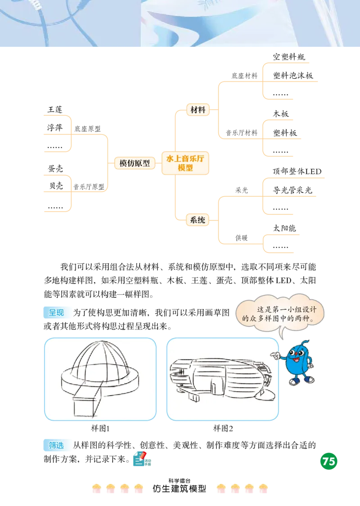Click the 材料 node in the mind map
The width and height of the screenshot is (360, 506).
[x=198, y=110]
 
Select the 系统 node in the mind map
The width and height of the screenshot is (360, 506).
[x=198, y=220]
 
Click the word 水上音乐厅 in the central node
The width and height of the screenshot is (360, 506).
[x=185, y=158]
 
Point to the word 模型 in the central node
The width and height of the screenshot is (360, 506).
[x=185, y=168]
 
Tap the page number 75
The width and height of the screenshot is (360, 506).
[x=329, y=461]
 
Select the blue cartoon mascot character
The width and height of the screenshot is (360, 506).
[x=297, y=362]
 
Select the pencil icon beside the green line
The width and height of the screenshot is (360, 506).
[x=139, y=458]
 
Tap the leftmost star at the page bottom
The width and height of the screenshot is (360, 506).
[x=96, y=488]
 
